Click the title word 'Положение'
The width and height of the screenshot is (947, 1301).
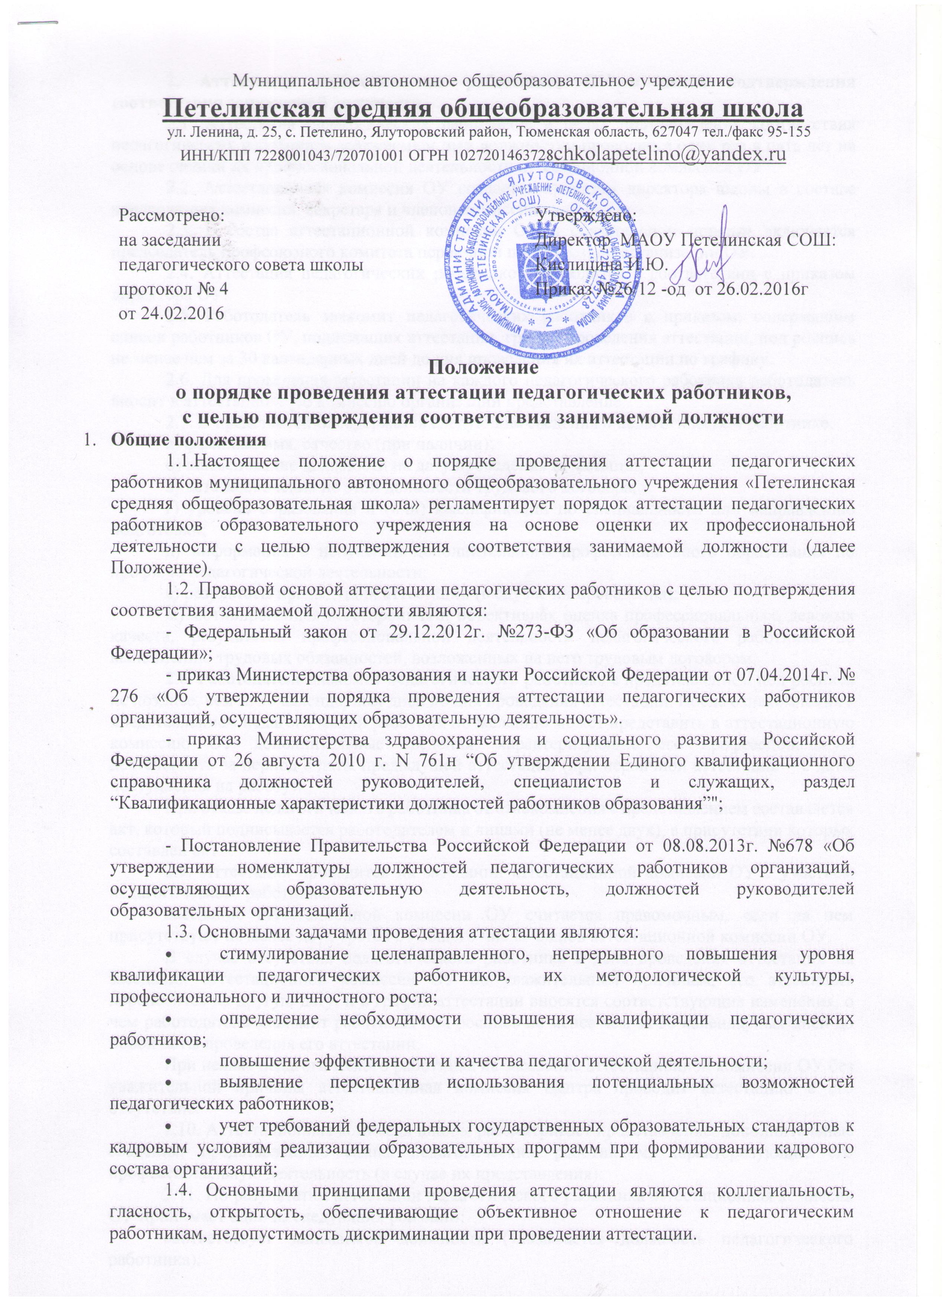pos(483,368)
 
